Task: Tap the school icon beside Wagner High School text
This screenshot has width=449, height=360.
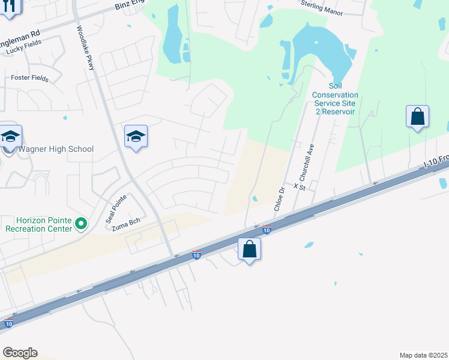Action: click(x=10, y=137)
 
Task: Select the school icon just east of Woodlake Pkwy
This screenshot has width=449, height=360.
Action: click(x=136, y=137)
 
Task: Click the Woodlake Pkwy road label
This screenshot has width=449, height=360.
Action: click(x=86, y=49)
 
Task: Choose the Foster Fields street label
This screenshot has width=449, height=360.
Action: click(x=29, y=78)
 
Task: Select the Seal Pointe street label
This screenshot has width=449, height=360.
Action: click(x=116, y=209)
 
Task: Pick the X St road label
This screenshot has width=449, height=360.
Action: click(x=300, y=187)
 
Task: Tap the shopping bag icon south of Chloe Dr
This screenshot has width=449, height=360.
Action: click(x=250, y=248)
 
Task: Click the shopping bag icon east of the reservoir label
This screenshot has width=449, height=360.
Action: click(x=417, y=116)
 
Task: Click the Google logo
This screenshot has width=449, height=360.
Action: click(x=20, y=352)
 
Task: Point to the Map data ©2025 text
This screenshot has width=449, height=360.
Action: click(x=423, y=355)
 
